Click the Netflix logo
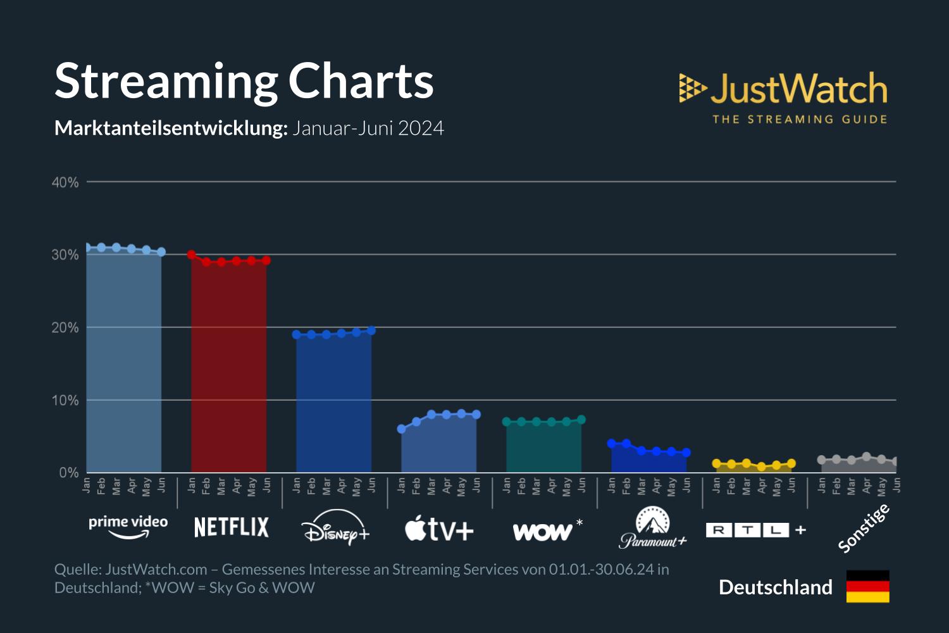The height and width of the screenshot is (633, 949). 231,527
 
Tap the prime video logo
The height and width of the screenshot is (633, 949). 128,527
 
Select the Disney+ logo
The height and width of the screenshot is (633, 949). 335,529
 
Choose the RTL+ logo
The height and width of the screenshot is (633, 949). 755,530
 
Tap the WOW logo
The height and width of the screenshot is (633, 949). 542,532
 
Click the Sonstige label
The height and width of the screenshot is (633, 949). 864,528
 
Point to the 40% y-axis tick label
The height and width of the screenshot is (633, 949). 65,182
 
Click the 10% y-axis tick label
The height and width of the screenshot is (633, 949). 65,401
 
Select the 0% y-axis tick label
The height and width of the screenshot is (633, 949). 68,473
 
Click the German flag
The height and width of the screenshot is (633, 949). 867,586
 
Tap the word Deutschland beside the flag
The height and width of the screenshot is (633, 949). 776,587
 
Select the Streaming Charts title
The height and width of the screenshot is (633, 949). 244,81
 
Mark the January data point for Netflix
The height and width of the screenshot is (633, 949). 191,254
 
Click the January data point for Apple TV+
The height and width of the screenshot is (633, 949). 401,429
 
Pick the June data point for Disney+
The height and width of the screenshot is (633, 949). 371,330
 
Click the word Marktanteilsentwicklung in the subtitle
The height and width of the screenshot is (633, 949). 171,128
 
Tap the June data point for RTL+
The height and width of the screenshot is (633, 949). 791,463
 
